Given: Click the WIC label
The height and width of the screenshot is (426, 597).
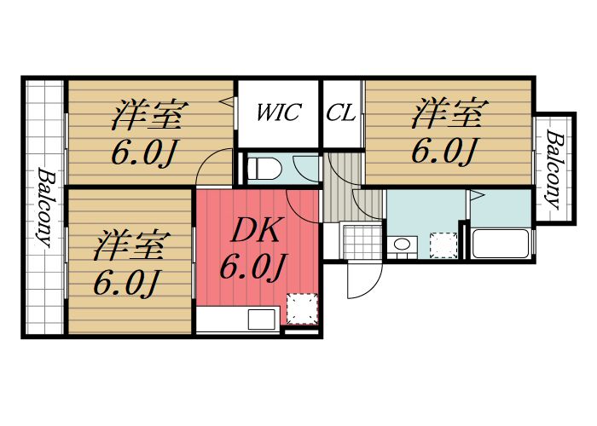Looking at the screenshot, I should pyautogui.click(x=278, y=112).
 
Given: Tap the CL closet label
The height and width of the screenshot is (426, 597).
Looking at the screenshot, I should pyautogui.click(x=341, y=112).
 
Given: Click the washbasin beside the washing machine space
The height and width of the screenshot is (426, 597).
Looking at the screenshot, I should pyautogui.click(x=400, y=247).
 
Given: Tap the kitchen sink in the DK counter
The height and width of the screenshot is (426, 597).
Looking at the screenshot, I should pyautogui.click(x=258, y=319).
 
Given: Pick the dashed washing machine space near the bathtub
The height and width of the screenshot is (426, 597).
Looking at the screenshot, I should pyautogui.click(x=443, y=245).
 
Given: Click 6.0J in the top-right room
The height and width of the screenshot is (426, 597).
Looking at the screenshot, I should pyautogui.click(x=444, y=151).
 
